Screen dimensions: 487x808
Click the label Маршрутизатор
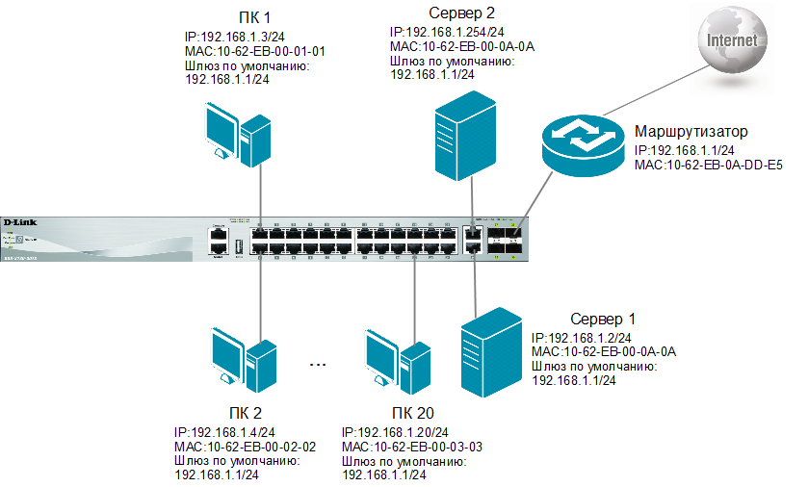(691, 131)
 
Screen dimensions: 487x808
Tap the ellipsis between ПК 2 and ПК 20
(319, 365)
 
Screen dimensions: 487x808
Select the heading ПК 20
(401, 414)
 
